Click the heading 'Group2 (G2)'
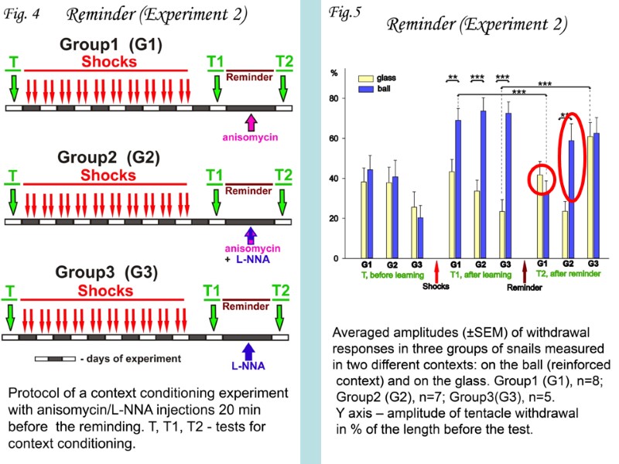tap(108, 158)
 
